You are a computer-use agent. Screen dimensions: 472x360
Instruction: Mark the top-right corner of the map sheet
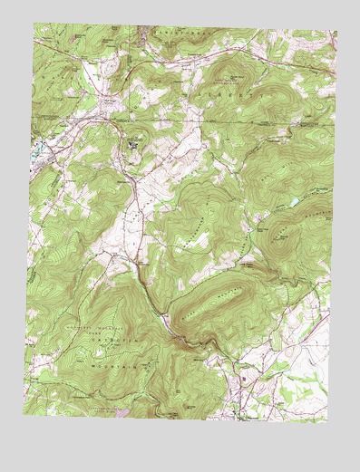click(336, 34)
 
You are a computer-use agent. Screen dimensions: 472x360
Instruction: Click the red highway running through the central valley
click(136, 208)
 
